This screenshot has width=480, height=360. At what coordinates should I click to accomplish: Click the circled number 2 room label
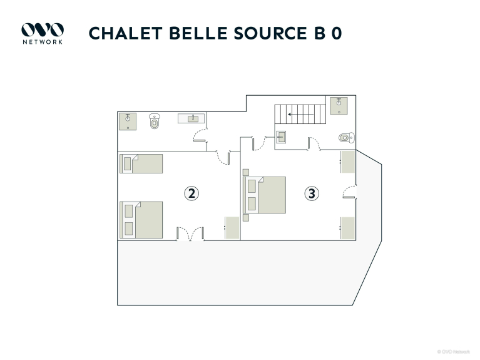[x=191, y=193]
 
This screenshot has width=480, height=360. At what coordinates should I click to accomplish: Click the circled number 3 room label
[x=312, y=193]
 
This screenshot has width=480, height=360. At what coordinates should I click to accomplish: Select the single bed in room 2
[x=141, y=163]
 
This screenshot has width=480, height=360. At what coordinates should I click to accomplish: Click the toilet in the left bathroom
[x=155, y=121]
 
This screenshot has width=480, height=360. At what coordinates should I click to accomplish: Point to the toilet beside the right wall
[x=345, y=138]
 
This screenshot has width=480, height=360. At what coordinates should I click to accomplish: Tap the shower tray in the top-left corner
[x=128, y=121]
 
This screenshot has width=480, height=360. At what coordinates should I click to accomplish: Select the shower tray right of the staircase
[x=339, y=105]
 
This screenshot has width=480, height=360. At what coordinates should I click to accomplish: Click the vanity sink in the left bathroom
[x=192, y=118]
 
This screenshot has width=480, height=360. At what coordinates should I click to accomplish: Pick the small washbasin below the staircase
[x=281, y=137]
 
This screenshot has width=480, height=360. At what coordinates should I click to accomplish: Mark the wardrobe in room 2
[x=232, y=228]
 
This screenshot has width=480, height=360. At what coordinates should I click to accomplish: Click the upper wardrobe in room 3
[x=347, y=162]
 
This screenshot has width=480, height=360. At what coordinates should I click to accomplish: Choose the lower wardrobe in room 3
[x=347, y=228]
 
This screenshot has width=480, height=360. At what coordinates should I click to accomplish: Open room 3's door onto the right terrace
[x=351, y=193]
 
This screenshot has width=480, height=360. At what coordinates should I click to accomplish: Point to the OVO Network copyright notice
[x=453, y=351]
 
